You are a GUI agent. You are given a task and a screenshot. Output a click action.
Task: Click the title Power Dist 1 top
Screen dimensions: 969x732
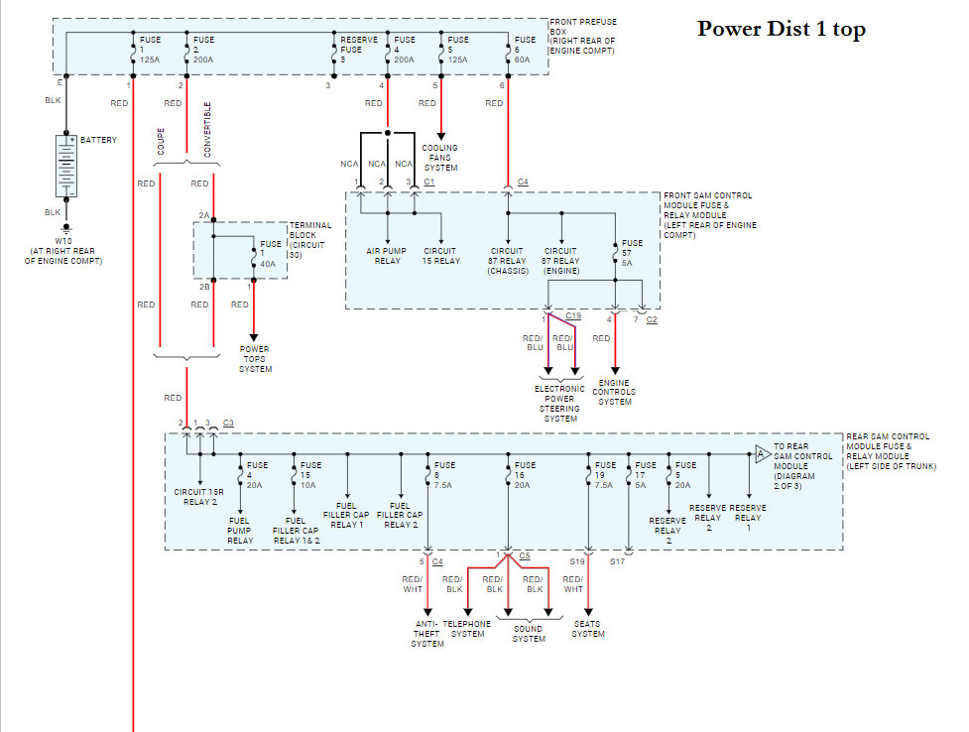pos(782,29)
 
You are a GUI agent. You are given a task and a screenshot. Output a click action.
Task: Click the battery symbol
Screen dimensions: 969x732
pos(66,166)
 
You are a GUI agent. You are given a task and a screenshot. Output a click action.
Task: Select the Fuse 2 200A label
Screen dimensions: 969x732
pos(203,50)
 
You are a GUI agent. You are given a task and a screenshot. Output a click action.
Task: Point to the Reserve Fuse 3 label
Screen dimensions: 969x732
pos(358,50)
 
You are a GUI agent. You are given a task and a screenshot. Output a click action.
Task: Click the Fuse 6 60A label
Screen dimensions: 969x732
pos(525,50)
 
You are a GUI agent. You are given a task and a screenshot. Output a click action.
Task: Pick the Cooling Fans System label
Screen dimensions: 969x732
pos(440,158)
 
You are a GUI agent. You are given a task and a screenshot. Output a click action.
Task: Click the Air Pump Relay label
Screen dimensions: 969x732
pos(386,256)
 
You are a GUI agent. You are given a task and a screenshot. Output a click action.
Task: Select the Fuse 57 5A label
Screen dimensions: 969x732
pos(632,253)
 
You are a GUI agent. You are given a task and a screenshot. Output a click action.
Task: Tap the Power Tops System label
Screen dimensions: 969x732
pos(255,359)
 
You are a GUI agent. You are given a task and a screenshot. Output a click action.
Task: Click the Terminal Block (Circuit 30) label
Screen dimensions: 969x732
pos(310,240)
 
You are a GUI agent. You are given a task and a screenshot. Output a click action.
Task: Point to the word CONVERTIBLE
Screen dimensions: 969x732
pos(207,129)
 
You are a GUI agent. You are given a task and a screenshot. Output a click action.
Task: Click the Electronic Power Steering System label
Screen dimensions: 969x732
pos(560,404)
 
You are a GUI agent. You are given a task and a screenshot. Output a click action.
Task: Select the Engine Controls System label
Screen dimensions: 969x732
pos(614,392)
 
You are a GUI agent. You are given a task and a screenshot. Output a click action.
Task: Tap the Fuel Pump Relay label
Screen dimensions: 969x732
pos(240,531)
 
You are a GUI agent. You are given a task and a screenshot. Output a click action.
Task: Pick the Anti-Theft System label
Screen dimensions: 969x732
pos(427,634)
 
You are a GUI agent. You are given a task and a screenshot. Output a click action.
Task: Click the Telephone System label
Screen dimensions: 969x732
pos(466,629)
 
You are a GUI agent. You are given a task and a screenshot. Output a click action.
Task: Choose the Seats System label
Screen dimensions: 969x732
pos(588,629)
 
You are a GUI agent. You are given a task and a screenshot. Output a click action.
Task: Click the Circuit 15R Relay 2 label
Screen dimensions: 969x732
pos(199,497)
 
